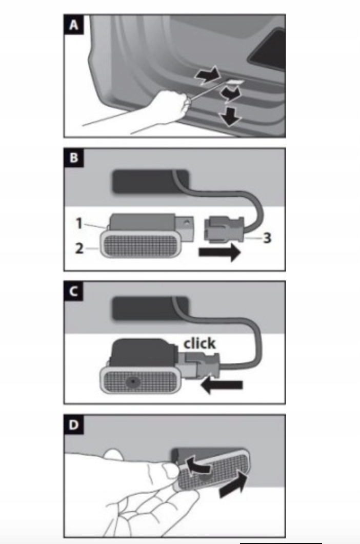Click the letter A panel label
pos(73,25)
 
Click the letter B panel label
pos(73,158)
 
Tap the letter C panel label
pos(73,291)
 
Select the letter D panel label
pos(73,424)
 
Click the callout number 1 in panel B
pos(79,223)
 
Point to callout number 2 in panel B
pos(79,248)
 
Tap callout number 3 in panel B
pos(267,238)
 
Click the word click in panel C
pos(199,343)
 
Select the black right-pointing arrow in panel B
pos(219,252)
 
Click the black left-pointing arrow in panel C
pos(222,385)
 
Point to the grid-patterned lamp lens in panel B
pos(141,244)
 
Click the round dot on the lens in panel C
pos(132,382)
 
